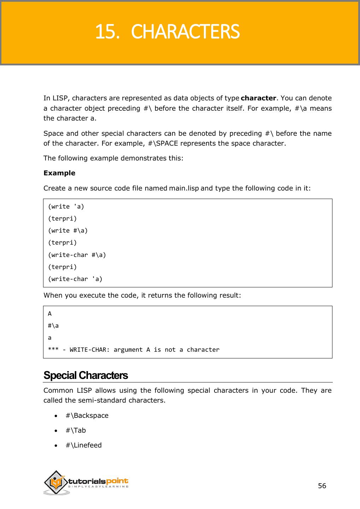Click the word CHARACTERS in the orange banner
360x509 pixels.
(185, 32)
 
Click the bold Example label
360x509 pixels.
(59, 173)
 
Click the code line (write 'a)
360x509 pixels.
(66, 206)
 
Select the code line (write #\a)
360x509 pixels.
(68, 230)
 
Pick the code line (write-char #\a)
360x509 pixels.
(77, 255)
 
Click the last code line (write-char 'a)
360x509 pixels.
(75, 279)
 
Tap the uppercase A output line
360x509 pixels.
(50, 314)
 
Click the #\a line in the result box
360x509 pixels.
(53, 326)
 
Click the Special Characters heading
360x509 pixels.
(85, 375)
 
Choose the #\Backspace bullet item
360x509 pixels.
(87, 415)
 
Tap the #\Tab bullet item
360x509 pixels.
(76, 430)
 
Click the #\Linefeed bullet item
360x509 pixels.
(83, 445)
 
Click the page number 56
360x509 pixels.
(322, 486)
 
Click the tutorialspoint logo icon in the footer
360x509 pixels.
(56, 482)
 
